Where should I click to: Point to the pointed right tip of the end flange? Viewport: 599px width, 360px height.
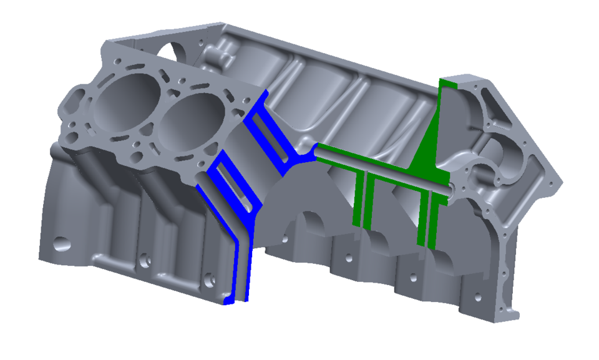562,185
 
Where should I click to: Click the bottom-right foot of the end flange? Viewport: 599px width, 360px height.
512,312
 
